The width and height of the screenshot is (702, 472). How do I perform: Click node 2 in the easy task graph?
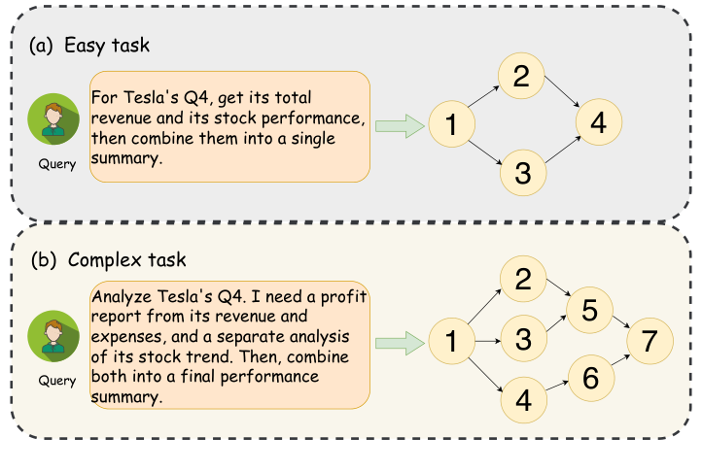(522, 78)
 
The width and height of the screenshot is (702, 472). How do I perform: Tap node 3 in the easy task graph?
(522, 173)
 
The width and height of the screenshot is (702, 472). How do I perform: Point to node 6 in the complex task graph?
(587, 379)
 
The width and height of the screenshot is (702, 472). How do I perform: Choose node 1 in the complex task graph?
(450, 341)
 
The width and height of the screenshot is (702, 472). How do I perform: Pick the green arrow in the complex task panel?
(397, 341)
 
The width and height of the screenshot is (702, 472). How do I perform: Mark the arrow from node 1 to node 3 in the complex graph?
(485, 340)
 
